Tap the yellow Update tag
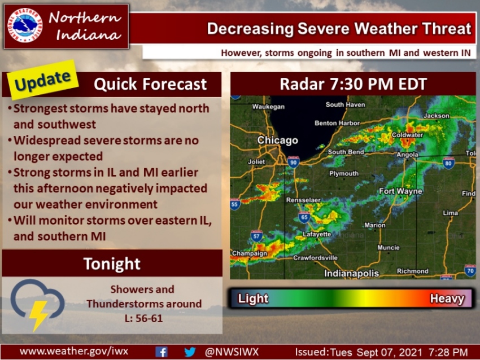tap(43, 80)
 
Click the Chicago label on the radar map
tap(277, 140)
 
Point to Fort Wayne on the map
tap(400, 191)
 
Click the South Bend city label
tap(345, 152)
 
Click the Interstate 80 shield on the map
tap(448, 164)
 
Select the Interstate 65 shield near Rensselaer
tap(304, 216)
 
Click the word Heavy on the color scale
tap(447, 298)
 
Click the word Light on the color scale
tap(253, 298)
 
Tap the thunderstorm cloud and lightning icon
tap(36, 304)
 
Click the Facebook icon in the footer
tap(160, 352)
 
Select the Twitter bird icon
tap(190, 352)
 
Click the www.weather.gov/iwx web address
tap(74, 351)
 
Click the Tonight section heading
tap(112, 264)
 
